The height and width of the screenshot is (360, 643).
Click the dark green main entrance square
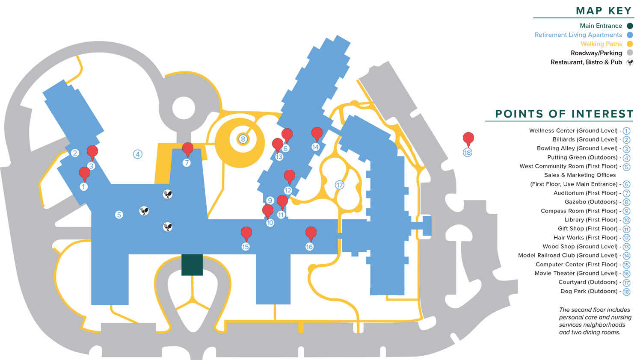click(x=192, y=265)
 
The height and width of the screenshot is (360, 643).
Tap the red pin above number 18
click(x=468, y=139)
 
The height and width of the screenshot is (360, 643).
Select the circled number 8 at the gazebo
click(x=243, y=139)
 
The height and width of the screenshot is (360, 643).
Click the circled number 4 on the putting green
click(x=138, y=154)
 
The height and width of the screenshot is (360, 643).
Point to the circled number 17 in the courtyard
click(x=340, y=185)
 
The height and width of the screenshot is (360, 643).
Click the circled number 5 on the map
click(x=119, y=215)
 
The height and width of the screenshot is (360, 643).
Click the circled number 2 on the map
click(x=75, y=153)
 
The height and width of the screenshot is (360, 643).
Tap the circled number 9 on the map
click(x=270, y=200)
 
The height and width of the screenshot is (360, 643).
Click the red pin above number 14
click(x=317, y=134)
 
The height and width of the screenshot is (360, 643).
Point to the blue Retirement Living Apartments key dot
click(x=630, y=35)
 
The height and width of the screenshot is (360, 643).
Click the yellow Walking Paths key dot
click(x=630, y=44)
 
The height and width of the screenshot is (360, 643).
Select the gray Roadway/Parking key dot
click(x=630, y=53)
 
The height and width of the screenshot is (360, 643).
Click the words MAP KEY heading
click(x=604, y=11)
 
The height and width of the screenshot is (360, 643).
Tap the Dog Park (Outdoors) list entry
click(x=589, y=291)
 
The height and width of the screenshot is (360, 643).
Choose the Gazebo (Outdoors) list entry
click(x=591, y=202)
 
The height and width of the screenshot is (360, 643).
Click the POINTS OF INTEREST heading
click(x=564, y=114)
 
